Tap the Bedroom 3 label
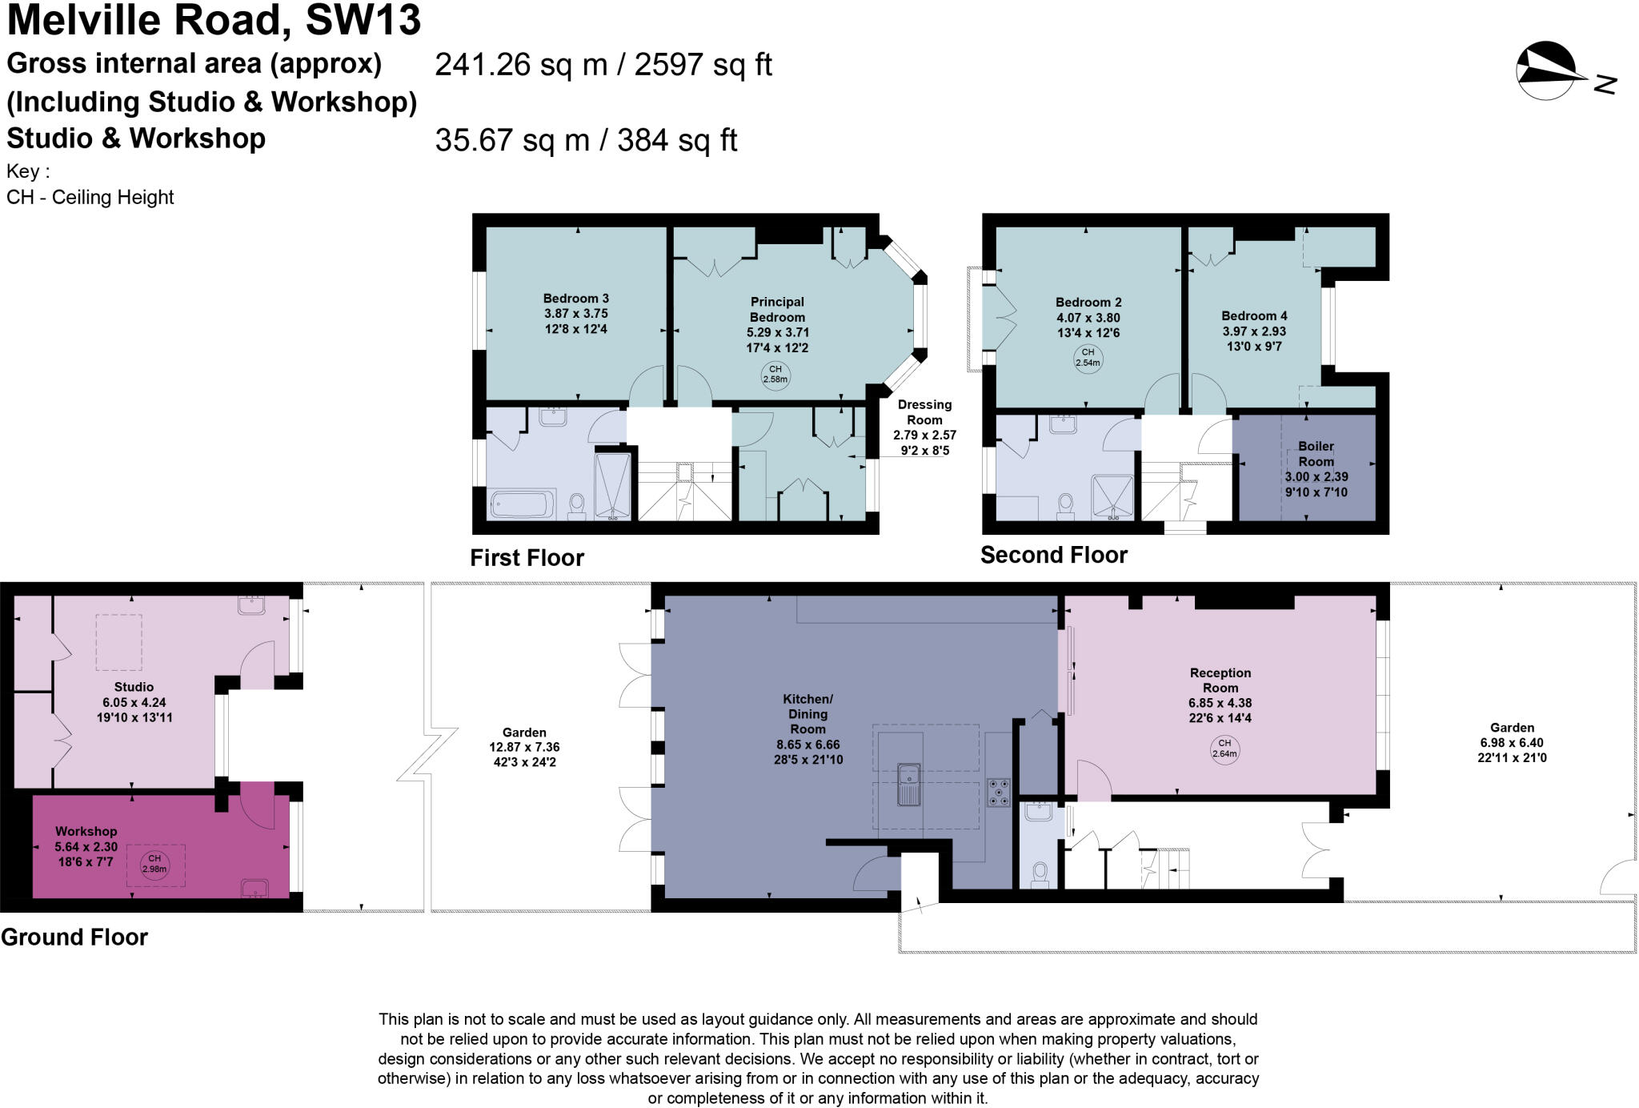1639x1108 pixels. tap(575, 299)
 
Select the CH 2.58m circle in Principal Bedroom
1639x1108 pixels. tap(775, 375)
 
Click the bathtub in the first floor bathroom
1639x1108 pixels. tap(522, 505)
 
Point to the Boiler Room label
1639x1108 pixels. tap(1316, 454)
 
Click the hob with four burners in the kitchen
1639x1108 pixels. tap(998, 793)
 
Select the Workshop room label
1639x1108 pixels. tap(86, 832)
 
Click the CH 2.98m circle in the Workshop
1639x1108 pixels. tap(154, 864)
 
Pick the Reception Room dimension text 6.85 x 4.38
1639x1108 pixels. tap(1220, 703)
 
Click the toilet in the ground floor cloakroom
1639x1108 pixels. tap(1040, 873)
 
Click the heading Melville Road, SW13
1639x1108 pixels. tap(214, 21)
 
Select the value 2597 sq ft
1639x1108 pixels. tap(703, 65)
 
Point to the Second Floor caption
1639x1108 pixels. tap(1053, 555)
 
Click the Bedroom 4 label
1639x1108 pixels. tap(1253, 316)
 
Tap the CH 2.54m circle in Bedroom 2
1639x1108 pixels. tap(1088, 357)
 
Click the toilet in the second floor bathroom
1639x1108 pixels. tap(1065, 504)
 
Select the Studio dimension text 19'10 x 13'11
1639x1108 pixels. tap(134, 717)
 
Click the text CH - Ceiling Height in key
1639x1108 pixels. tap(90, 197)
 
